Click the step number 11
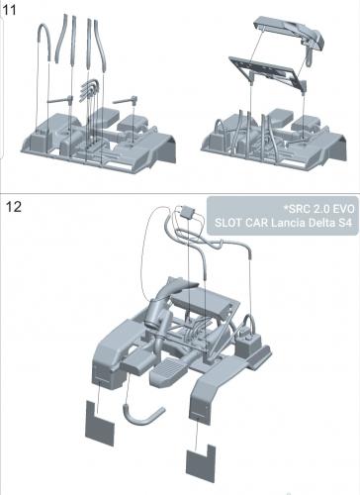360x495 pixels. pos(9,10)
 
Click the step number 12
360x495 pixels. pos(14,207)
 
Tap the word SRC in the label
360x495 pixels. pos(298,209)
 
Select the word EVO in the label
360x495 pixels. pos(342,209)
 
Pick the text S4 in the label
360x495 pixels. pos(345,223)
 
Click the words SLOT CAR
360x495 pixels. pos(241,223)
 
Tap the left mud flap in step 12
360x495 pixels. pos(100,423)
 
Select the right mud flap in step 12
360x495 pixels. pos(201,463)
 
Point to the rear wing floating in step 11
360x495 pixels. pos(290,33)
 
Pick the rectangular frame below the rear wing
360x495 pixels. pos(267,72)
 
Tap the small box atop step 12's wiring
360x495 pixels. pos(188,212)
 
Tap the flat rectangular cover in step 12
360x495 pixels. pos(206,303)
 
